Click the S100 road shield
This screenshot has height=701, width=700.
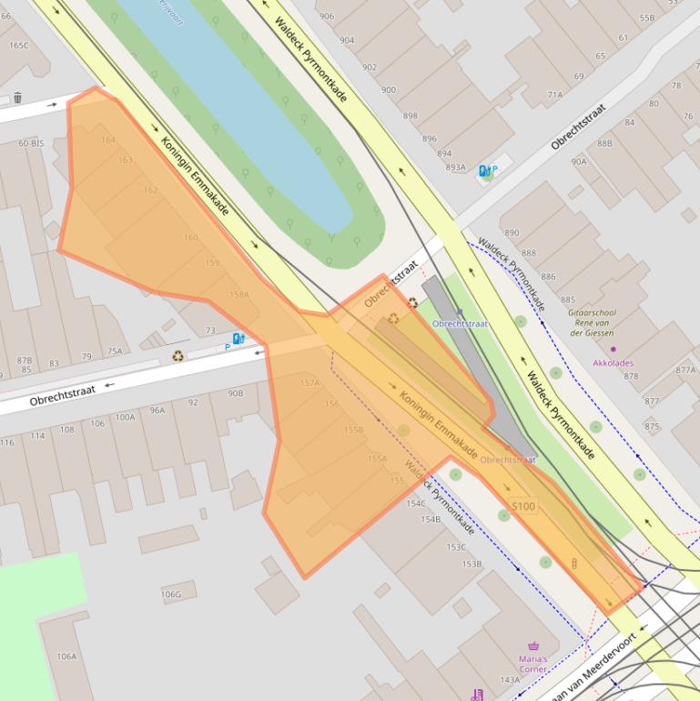(523, 506)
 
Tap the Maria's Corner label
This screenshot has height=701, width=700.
(533, 664)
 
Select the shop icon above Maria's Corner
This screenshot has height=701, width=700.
(533, 645)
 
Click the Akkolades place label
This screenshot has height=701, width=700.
(613, 361)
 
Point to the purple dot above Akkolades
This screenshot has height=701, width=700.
(613, 349)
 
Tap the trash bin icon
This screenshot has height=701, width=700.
(17, 97)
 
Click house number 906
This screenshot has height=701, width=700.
(326, 16)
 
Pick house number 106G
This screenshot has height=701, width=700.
(171, 594)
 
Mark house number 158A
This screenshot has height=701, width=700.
(238, 295)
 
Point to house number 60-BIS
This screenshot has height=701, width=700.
(31, 144)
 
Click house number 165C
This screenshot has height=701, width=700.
(18, 45)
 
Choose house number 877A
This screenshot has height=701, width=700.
(685, 370)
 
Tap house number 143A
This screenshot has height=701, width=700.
(510, 680)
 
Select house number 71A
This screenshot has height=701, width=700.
(554, 95)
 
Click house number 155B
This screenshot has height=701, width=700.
(353, 430)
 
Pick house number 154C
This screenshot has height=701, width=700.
(417, 503)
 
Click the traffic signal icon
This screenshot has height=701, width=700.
(574, 564)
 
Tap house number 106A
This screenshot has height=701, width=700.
(66, 655)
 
